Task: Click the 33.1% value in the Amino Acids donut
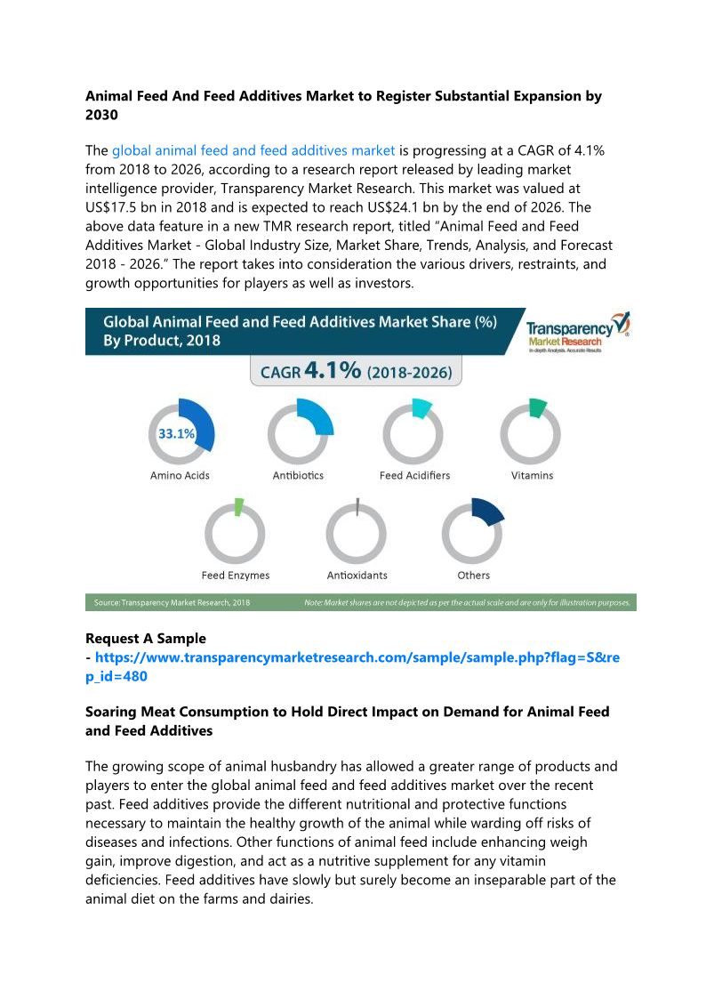[176, 434]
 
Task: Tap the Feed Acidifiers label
[414, 476]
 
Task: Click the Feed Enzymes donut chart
[235, 533]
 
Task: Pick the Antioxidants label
[357, 576]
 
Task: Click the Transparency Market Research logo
[577, 332]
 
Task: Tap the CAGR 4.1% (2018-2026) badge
[356, 371]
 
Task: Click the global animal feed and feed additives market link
[253, 150]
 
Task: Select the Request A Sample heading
[145, 638]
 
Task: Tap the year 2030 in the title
[102, 115]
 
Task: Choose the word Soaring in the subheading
[114, 712]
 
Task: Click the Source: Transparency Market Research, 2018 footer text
[172, 602]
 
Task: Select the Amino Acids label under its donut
[180, 476]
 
